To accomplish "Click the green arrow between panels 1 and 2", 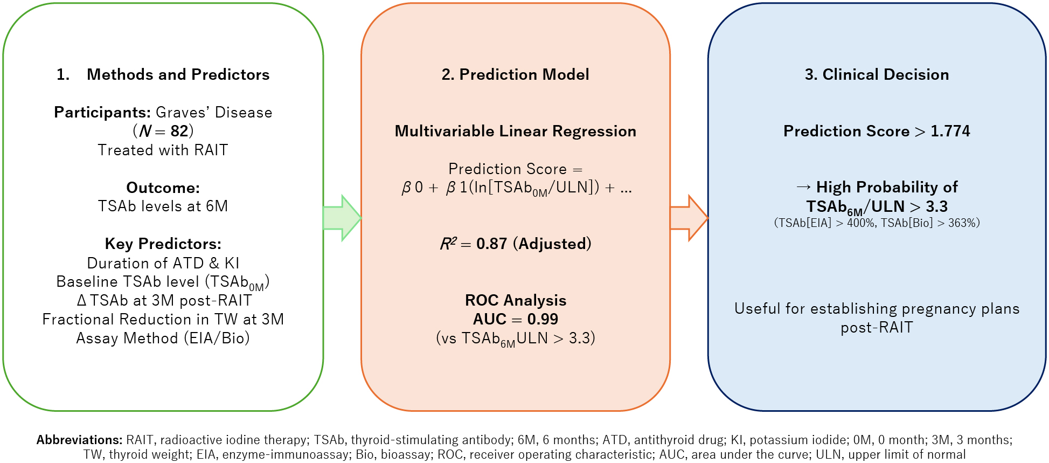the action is tap(342, 218).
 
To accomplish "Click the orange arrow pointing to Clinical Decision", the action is tap(689, 218).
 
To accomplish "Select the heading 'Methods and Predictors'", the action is tap(178, 74).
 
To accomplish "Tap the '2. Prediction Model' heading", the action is tap(516, 74).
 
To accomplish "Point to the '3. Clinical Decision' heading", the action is tap(877, 74).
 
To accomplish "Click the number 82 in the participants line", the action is tap(179, 131).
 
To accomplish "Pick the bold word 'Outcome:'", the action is tap(163, 188).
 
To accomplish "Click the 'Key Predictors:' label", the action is tap(163, 244).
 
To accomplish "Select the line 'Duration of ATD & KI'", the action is tap(163, 263).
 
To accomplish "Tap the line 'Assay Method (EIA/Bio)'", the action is tap(163, 338).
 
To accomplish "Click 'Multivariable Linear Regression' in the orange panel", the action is tap(516, 131).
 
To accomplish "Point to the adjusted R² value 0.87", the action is tap(492, 244).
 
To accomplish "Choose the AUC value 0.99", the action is tap(543, 319).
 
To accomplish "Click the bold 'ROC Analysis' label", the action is tap(516, 300).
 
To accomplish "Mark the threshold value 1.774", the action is tap(950, 131).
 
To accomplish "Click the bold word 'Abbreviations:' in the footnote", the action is tap(80, 440).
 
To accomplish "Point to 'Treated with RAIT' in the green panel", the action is tap(163, 150).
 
